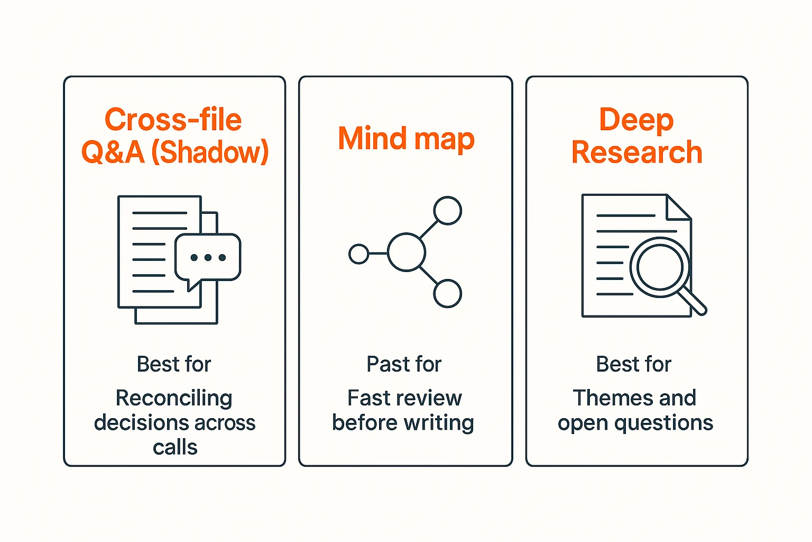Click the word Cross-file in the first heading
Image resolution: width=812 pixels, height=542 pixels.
[173, 120]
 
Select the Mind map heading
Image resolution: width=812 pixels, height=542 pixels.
[406, 139]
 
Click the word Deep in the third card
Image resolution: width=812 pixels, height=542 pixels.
[636, 120]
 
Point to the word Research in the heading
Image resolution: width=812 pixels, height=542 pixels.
[636, 152]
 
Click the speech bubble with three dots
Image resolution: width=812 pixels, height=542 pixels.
[208, 258]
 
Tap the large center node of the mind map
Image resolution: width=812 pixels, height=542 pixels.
[407, 252]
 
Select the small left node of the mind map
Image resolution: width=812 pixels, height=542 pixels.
[359, 254]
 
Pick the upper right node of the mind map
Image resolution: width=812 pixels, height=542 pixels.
[447, 211]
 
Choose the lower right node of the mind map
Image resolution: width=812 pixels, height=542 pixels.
[447, 294]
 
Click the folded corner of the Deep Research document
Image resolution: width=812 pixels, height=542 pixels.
[678, 207]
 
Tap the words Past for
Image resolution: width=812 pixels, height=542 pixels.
[404, 364]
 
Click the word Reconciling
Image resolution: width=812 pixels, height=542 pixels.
[174, 398]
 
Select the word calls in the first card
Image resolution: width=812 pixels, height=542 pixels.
[175, 448]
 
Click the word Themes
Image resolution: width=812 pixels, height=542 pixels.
[605, 398]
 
